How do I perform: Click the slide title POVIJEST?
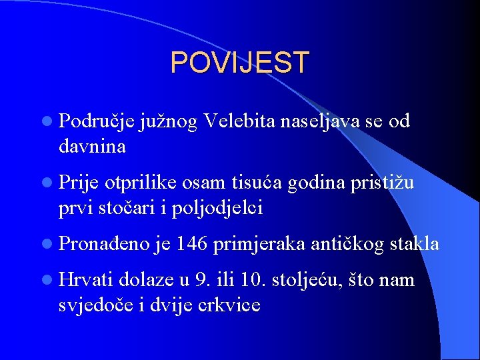click(x=239, y=63)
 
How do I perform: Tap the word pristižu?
click(x=385, y=183)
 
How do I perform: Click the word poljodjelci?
click(x=217, y=208)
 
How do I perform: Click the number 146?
click(x=193, y=245)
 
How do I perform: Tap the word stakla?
click(x=415, y=245)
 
